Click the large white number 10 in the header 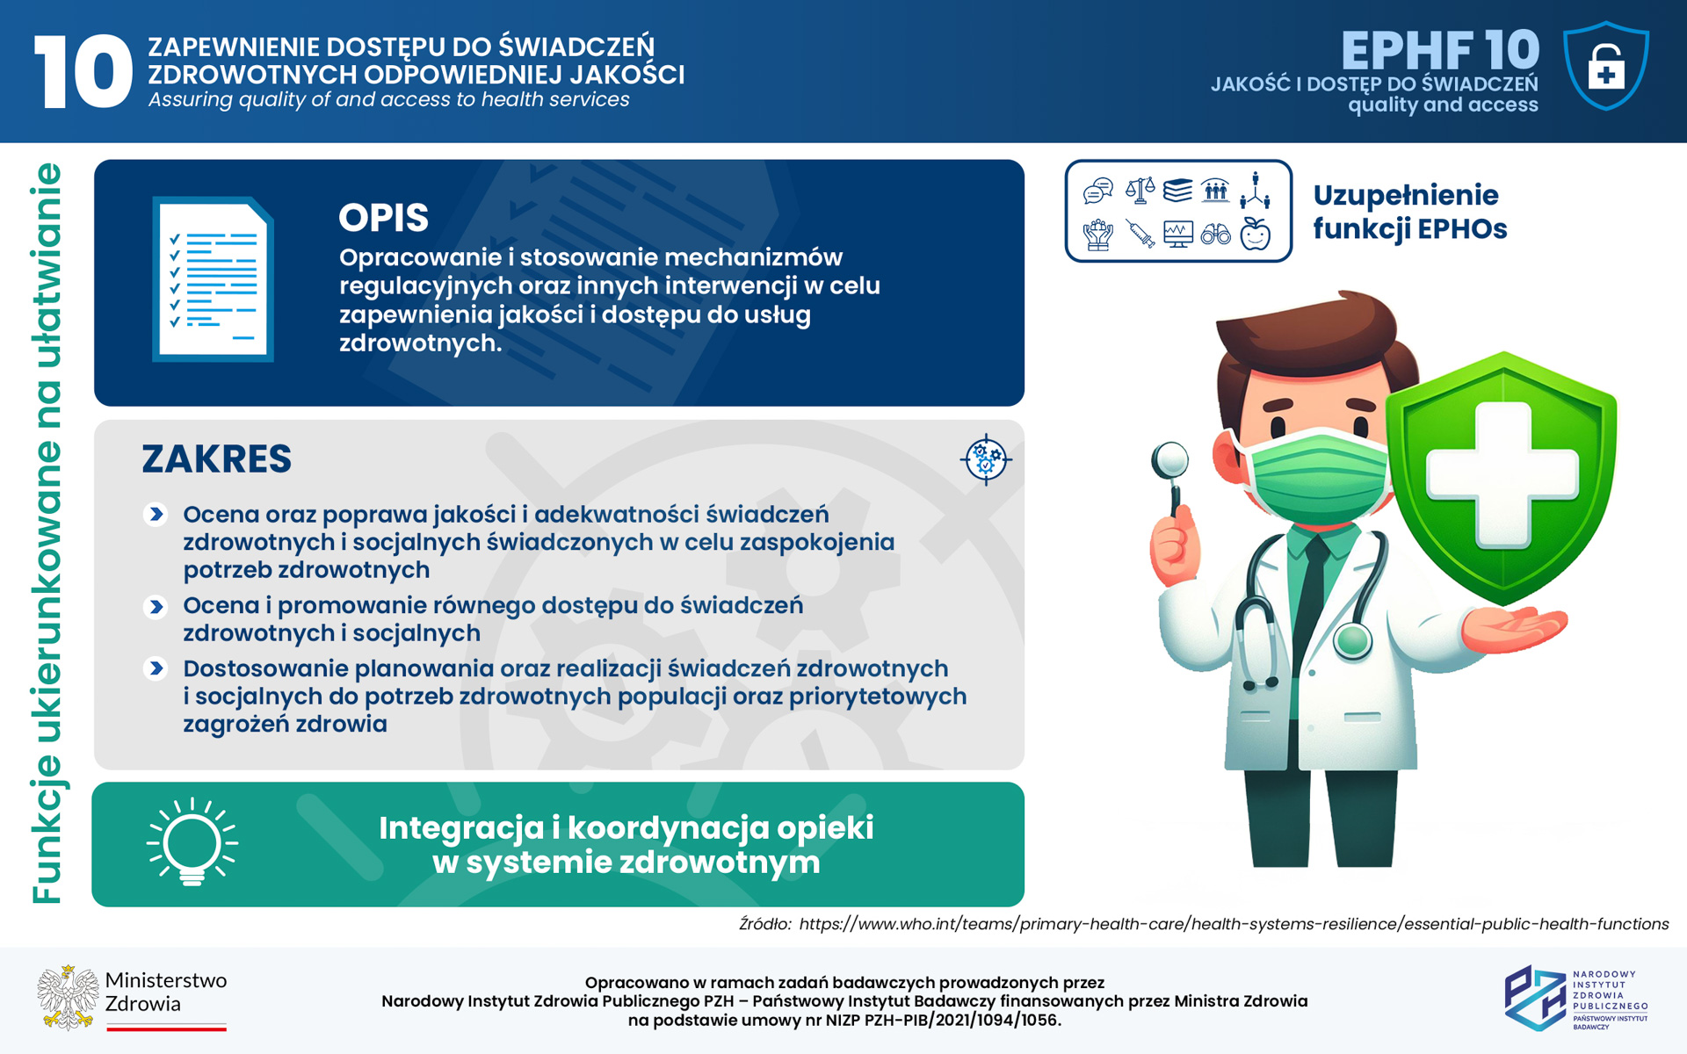click(x=83, y=71)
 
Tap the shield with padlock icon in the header click(x=1606, y=66)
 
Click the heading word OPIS click(x=384, y=218)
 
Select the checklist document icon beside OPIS click(x=214, y=279)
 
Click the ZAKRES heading click(x=217, y=458)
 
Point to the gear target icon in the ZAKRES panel click(x=986, y=459)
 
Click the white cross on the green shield click(x=1502, y=474)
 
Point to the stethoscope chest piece click(x=1352, y=641)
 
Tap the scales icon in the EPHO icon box click(x=1140, y=190)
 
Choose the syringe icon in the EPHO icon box click(x=1140, y=235)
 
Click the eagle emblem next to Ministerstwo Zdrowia click(x=68, y=998)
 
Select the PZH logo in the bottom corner click(x=1575, y=999)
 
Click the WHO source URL click(x=1234, y=924)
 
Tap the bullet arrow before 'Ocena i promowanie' click(x=156, y=606)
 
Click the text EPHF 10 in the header click(x=1440, y=50)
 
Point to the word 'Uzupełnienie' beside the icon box click(x=1406, y=196)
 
